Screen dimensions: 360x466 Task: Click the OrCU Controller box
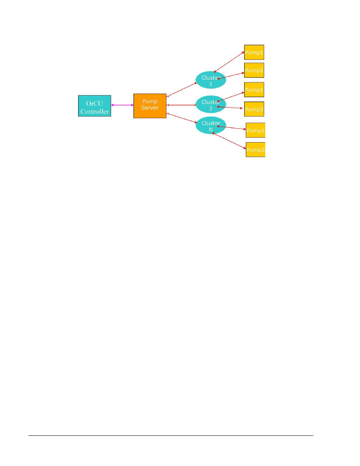tap(94, 106)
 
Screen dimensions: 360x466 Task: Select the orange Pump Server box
tap(150, 106)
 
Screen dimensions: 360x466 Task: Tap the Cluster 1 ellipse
tap(211, 80)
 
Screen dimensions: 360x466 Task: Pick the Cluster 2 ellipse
tap(211, 104)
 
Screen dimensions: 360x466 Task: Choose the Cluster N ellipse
tap(211, 125)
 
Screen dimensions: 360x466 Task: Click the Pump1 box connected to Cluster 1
tap(254, 52)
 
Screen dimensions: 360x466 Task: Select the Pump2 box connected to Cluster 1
tap(254, 70)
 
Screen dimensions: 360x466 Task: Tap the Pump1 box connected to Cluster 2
tap(254, 89)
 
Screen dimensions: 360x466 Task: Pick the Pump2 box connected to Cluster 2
tap(254, 109)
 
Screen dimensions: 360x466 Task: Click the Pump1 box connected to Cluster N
tap(255, 130)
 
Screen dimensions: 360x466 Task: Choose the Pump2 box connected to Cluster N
tap(255, 150)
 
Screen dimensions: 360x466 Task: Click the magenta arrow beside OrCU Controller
tap(122, 105)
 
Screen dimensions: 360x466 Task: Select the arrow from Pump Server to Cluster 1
tap(182, 89)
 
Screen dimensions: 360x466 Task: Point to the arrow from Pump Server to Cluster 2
tap(181, 105)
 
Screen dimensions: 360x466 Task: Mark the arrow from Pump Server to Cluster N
tap(182, 118)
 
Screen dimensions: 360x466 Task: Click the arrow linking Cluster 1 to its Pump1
tap(229, 62)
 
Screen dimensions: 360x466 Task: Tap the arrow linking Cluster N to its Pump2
tap(229, 140)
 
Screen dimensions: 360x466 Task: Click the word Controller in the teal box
tap(94, 111)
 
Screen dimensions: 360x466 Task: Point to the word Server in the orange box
tap(150, 108)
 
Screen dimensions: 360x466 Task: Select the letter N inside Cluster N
tap(211, 130)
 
